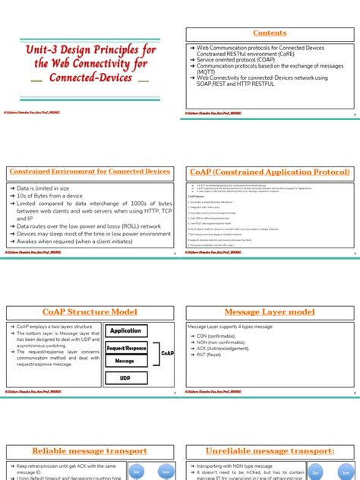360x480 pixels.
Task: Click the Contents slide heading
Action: (x=270, y=33)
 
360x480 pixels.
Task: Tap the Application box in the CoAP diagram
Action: (x=125, y=330)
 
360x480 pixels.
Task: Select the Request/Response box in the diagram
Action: (x=125, y=347)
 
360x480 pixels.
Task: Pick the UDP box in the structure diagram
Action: (x=125, y=377)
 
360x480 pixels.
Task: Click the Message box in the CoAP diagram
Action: (x=125, y=362)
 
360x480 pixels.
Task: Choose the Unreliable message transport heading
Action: (x=270, y=450)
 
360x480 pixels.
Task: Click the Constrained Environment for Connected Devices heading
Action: (x=90, y=172)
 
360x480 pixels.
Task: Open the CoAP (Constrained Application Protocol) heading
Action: (x=270, y=172)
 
